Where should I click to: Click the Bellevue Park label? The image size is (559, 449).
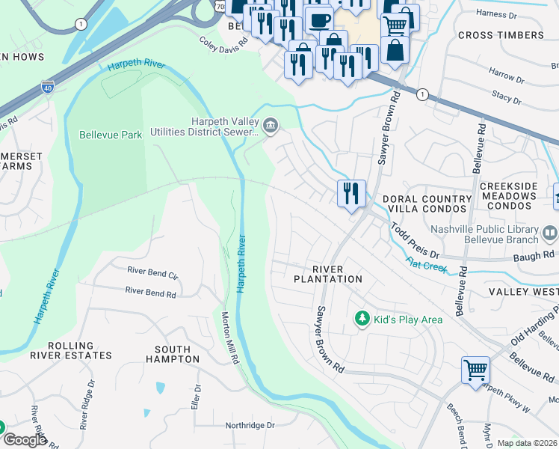click(111, 135)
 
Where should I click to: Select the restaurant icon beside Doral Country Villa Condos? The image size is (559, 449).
click(350, 193)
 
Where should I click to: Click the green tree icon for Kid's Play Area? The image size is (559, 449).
click(362, 320)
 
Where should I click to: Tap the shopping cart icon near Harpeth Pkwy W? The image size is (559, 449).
click(475, 370)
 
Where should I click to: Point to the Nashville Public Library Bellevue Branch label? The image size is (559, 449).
click(489, 234)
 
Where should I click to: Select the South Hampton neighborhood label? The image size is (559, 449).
click(177, 354)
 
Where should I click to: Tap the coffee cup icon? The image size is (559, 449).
click(320, 19)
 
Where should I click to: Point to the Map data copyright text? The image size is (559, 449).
click(527, 443)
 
